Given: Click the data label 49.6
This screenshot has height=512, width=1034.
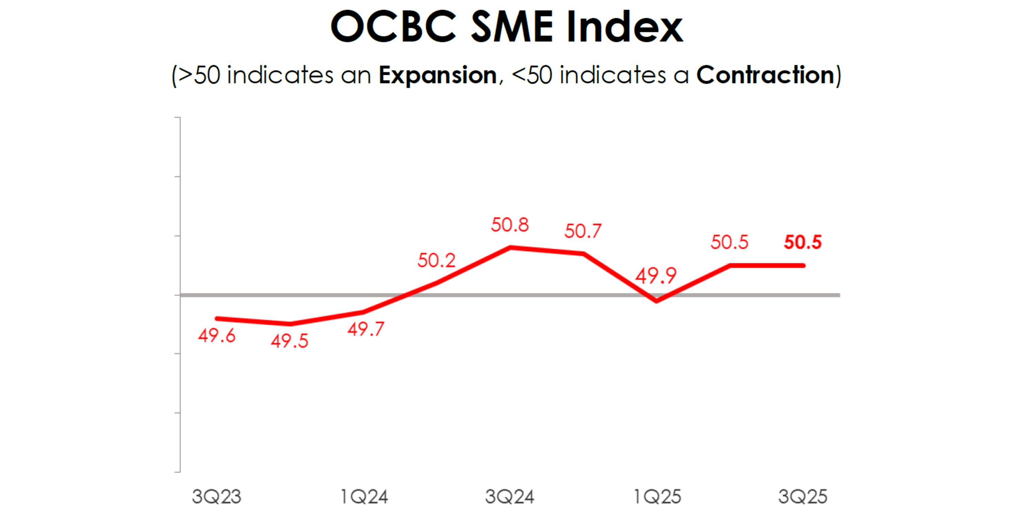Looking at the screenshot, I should pos(217,335).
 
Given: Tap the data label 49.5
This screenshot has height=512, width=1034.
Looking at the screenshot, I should pos(290,341).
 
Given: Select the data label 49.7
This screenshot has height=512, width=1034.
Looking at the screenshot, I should pos(366,329).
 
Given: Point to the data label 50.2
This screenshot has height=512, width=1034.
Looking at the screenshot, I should pos(436,261).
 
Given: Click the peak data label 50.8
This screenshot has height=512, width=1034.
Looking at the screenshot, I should pos(510,225).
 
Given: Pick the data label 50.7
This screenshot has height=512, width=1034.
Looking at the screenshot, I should pos(583,231).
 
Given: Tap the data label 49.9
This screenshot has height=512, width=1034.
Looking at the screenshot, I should pos(656,276).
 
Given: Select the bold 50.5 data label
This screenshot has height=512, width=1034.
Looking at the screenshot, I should pos(803,242).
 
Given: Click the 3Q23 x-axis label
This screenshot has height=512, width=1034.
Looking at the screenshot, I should pos(216,497).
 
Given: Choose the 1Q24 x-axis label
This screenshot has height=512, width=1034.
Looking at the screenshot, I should pos(364,497).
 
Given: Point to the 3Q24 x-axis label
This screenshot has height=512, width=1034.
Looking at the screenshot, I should pos(510,497).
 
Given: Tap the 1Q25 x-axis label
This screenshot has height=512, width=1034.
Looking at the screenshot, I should pos(657,497).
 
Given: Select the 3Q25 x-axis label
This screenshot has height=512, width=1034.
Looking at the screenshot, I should pos(803,497).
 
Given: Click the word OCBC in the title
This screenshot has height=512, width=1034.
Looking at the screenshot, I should pos(393,27).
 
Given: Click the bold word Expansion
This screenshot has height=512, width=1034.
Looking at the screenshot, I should pos(437,75).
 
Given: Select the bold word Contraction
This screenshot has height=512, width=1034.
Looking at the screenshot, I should pos(766,75).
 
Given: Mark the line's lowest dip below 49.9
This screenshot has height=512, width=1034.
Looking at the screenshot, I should pos(657,301).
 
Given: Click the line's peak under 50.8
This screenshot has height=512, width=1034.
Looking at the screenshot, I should pos(510,247).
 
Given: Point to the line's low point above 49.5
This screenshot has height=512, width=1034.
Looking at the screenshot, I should pos(290,324).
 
